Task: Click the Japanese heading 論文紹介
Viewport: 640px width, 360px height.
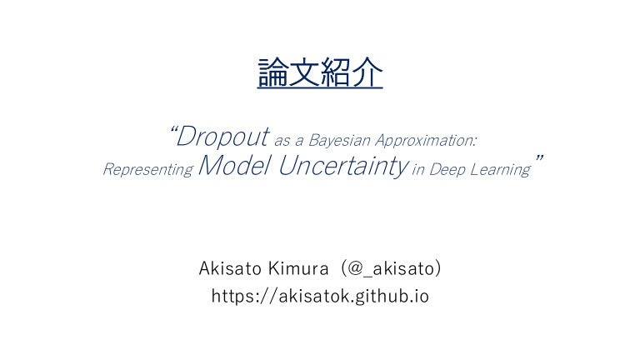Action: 320,74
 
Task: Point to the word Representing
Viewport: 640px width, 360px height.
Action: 147,170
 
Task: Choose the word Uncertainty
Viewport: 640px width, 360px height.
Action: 342,167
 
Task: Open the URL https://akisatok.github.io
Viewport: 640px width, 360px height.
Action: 320,296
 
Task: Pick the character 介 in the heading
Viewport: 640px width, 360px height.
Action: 367,74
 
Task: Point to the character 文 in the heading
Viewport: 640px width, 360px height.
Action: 304,74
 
